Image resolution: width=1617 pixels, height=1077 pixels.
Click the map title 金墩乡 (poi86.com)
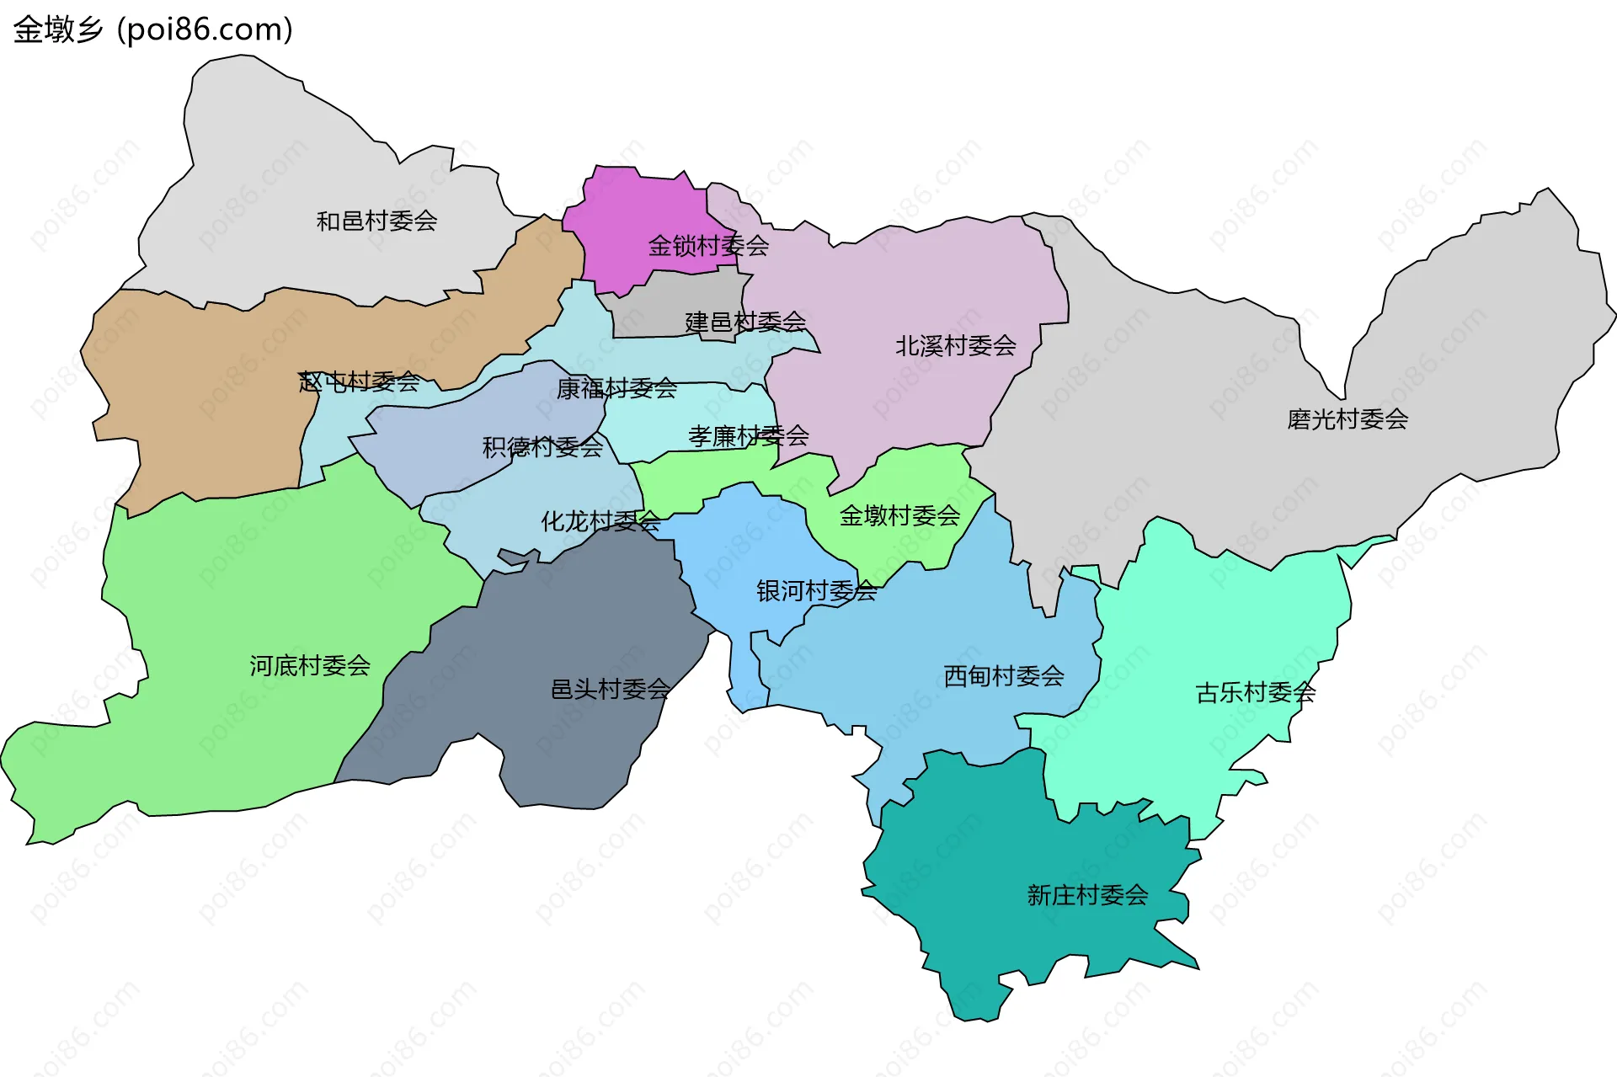click(x=153, y=29)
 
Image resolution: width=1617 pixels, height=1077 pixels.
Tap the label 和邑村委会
click(x=376, y=221)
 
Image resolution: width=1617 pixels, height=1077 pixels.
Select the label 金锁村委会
click(x=708, y=246)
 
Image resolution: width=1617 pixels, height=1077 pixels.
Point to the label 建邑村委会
click(x=745, y=322)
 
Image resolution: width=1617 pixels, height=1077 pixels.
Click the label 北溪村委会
click(x=955, y=345)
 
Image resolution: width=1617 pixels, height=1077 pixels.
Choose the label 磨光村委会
click(x=1347, y=419)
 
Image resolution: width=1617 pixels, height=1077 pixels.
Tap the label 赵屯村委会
click(x=360, y=381)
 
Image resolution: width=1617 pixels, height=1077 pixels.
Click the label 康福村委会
click(x=616, y=388)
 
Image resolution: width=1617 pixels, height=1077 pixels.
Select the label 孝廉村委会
click(x=748, y=435)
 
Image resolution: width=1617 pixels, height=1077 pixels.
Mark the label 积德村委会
click(x=542, y=446)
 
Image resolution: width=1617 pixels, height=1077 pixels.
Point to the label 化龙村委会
click(x=600, y=521)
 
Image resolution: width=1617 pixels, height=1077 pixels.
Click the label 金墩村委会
click(x=899, y=515)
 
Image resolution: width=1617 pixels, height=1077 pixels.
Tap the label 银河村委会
click(x=816, y=591)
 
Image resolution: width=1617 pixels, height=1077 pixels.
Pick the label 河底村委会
click(x=310, y=665)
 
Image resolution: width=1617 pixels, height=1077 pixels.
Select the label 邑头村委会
click(x=611, y=689)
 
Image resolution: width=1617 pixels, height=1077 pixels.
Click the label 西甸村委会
click(x=1004, y=675)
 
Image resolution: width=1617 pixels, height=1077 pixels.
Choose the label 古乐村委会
click(x=1255, y=692)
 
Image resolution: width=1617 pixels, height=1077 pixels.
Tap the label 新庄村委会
click(x=1087, y=894)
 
